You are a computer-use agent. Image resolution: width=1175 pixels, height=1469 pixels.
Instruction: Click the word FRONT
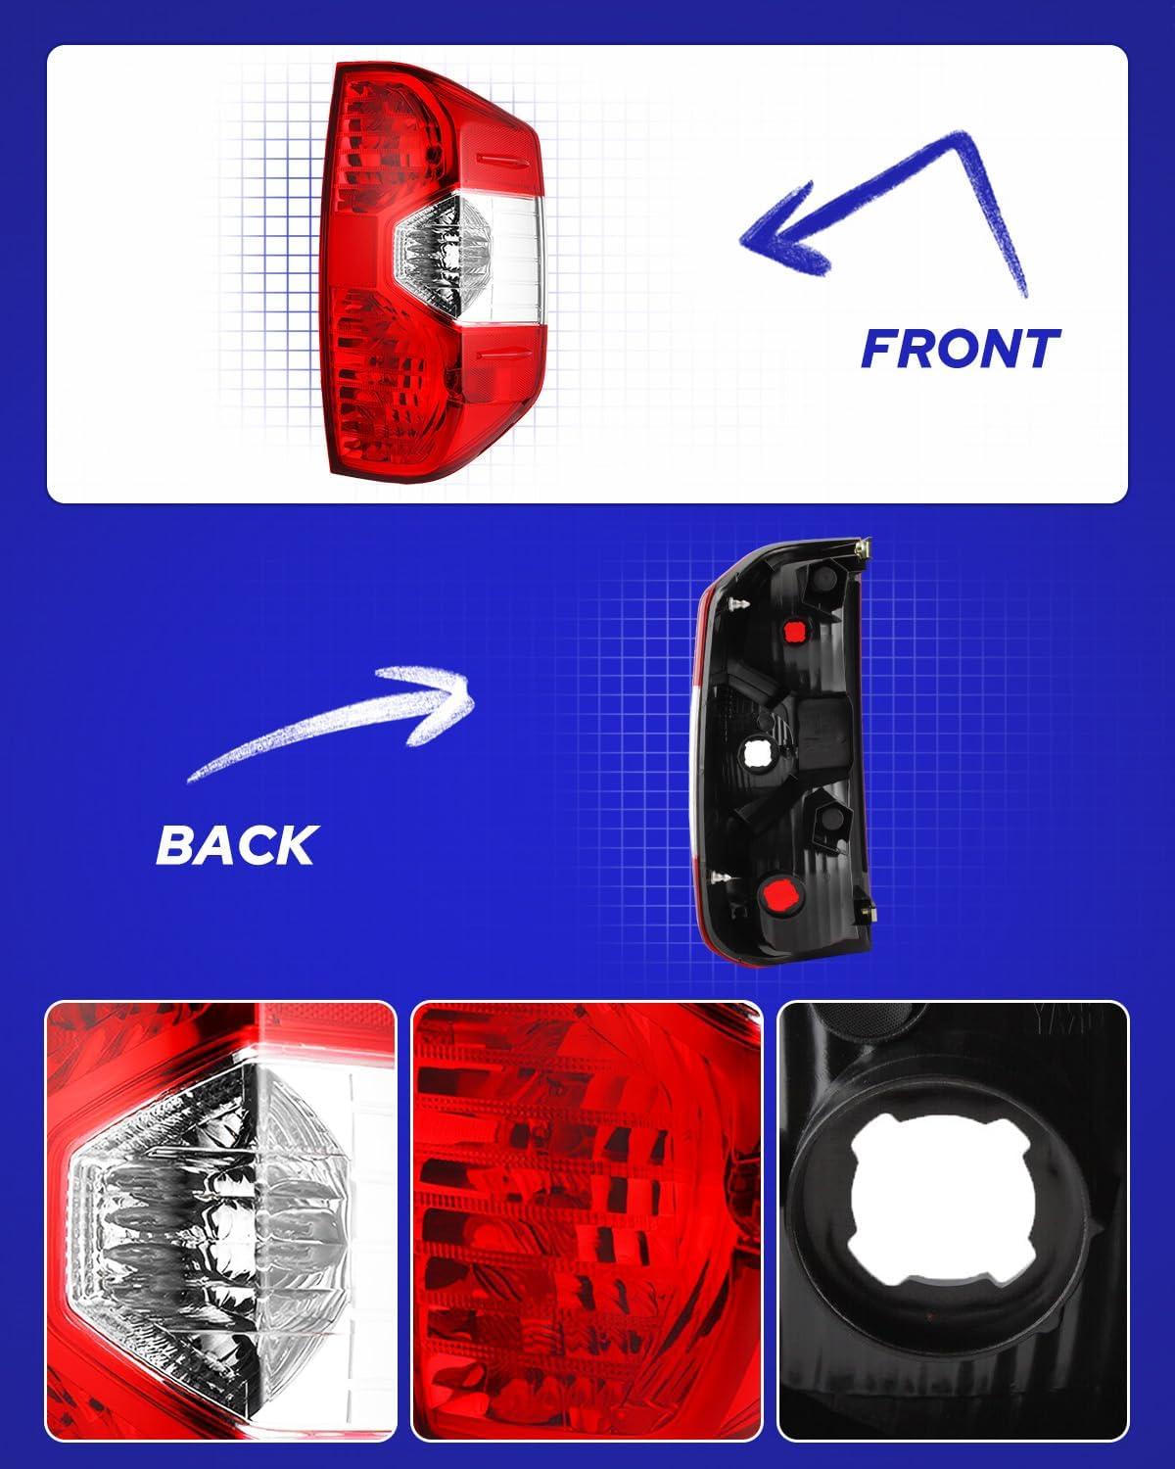tap(960, 348)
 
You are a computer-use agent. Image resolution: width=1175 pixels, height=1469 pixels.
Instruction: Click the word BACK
tap(237, 844)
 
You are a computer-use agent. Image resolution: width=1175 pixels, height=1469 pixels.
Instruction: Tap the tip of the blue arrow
tap(741, 240)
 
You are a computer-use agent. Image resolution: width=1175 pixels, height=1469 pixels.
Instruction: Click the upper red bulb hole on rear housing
tap(794, 632)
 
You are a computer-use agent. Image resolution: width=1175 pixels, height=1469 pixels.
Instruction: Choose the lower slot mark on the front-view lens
tap(505, 354)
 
